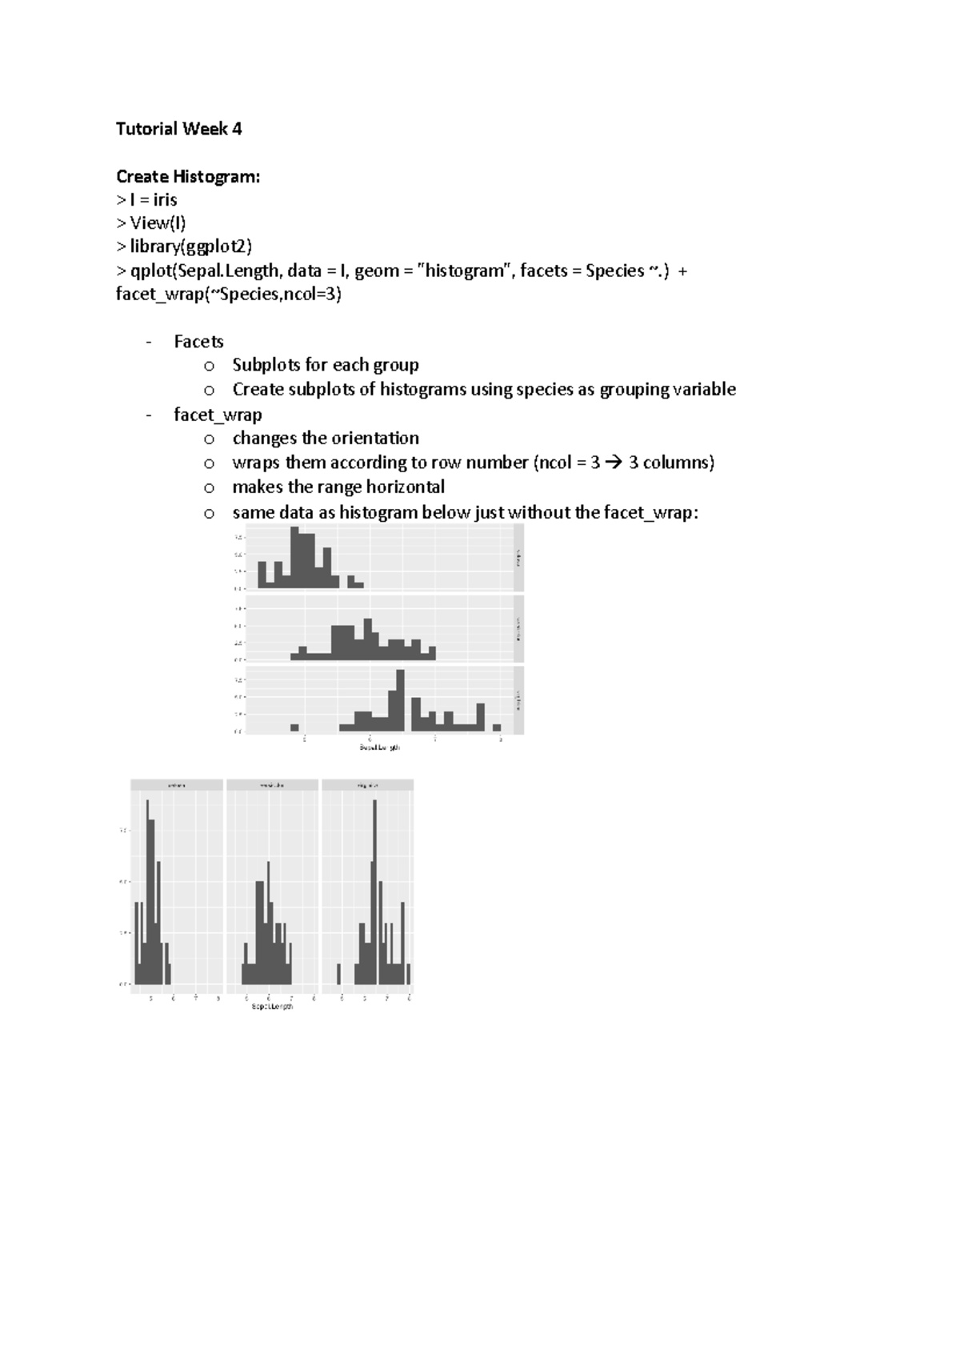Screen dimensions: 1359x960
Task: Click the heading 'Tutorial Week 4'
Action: tap(178, 129)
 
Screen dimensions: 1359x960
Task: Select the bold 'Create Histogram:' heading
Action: tap(188, 176)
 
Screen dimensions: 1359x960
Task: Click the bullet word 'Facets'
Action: tap(198, 342)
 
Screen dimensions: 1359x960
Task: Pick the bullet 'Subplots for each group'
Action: tap(325, 365)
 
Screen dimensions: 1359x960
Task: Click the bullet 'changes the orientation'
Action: tap(325, 439)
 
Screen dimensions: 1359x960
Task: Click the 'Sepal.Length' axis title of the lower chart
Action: tap(272, 1006)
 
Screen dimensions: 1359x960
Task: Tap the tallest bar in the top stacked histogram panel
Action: tap(301, 558)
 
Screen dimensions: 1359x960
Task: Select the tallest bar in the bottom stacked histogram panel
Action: tap(400, 700)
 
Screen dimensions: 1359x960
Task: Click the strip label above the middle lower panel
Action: tap(272, 785)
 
